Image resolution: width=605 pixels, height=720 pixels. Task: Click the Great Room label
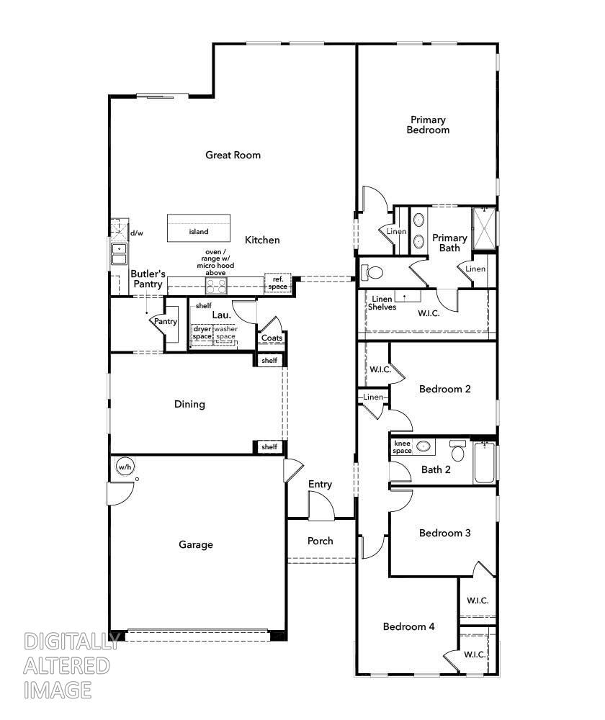click(233, 155)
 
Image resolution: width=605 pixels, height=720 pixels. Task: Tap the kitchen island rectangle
click(200, 229)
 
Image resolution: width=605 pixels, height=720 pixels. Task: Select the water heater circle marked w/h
click(125, 467)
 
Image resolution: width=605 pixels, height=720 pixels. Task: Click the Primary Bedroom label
click(428, 125)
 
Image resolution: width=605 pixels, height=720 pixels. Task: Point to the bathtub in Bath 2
click(484, 464)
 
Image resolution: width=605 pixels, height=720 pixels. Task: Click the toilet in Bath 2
click(457, 452)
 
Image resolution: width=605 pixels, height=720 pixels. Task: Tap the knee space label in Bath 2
click(402, 447)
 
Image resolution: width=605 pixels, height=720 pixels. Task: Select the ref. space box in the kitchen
click(277, 283)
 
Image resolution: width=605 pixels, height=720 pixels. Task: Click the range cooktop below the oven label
click(216, 287)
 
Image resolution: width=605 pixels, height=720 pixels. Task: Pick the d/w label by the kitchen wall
click(136, 233)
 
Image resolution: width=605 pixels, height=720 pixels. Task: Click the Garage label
click(196, 544)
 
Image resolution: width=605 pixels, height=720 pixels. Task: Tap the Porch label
click(321, 541)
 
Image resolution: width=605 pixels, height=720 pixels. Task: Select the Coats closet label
click(272, 338)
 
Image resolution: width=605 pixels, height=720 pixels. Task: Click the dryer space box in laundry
click(202, 333)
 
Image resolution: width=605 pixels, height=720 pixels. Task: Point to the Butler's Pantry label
click(148, 279)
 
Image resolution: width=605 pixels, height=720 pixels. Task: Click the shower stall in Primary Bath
click(484, 228)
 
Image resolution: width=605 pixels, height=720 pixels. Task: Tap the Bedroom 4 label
click(408, 626)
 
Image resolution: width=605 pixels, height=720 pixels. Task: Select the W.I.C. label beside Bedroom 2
click(380, 369)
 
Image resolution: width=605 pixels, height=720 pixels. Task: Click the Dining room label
click(189, 404)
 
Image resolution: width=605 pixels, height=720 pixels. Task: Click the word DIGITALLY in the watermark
click(71, 642)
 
